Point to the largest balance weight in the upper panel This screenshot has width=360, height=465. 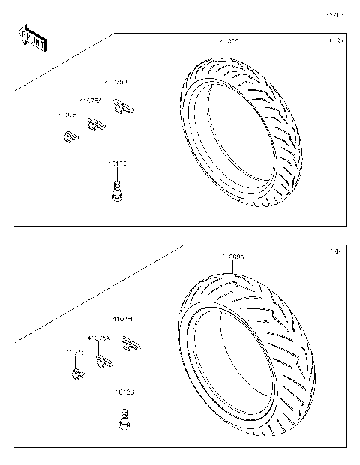click(122, 105)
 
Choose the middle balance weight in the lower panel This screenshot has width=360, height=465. click(103, 362)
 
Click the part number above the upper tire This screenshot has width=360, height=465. click(229, 40)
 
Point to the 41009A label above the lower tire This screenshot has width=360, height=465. click(232, 257)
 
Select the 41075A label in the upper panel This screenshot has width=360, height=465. click(91, 98)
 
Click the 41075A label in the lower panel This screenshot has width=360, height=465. click(98, 338)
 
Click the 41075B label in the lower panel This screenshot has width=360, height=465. click(124, 319)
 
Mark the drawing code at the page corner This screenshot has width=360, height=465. click(334, 14)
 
